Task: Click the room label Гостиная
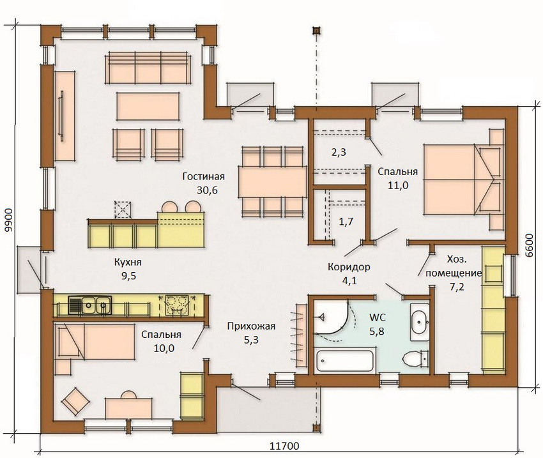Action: [x=203, y=177]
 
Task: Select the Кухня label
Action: [x=127, y=263]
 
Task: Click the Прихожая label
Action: [x=250, y=326]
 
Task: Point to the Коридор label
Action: [x=348, y=267]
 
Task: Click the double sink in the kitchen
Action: [x=89, y=306]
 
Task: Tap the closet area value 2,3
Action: [x=339, y=153]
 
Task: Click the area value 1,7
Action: [x=346, y=222]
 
